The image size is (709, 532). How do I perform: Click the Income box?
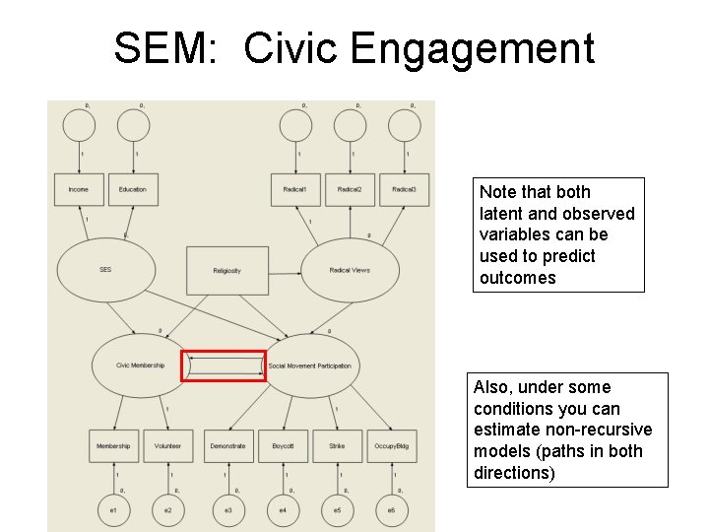[x=78, y=190]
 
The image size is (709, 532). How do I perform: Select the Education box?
[x=132, y=190]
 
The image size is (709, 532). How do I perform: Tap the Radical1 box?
[x=295, y=190]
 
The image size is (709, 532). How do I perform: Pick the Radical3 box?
[x=404, y=190]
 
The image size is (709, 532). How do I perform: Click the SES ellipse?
[x=105, y=269]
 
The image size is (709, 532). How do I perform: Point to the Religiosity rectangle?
[x=226, y=271]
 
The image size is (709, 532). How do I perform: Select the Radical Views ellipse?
[x=350, y=270]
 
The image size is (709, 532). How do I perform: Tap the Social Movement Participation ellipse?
[x=309, y=366]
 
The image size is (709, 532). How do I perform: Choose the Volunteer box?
[x=167, y=446]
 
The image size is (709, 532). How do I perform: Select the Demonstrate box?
[x=227, y=446]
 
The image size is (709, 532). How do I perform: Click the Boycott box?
[x=283, y=446]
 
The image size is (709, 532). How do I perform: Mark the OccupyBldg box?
[x=390, y=446]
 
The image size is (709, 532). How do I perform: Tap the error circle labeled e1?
[x=113, y=509]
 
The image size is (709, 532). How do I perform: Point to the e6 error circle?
[x=391, y=509]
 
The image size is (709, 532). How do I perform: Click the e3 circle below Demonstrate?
[x=227, y=509]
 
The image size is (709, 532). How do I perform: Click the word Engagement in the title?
[x=472, y=48]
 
